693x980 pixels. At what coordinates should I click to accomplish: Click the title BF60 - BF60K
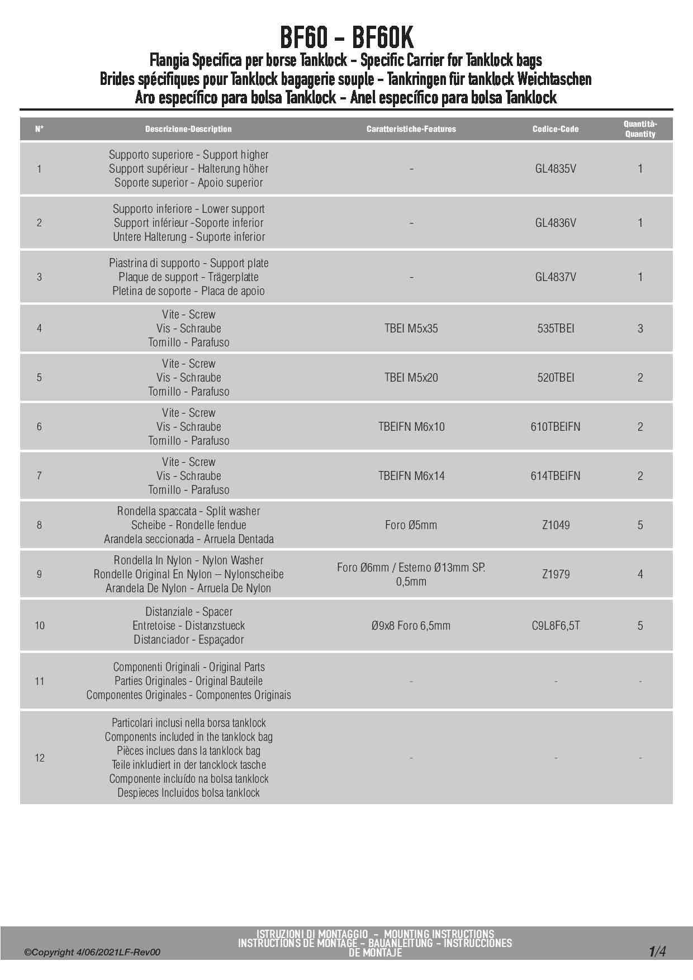pos(346,37)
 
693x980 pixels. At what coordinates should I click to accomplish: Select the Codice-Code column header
pos(555,129)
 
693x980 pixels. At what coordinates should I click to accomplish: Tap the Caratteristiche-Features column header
pos(411,129)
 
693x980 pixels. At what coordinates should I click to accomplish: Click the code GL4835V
pos(555,169)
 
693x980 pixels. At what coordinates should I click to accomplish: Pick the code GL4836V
pos(555,223)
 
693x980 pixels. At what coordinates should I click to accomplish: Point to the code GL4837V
pos(555,277)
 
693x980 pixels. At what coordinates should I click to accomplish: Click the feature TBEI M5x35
pos(411,329)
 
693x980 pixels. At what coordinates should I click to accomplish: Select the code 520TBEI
pos(555,378)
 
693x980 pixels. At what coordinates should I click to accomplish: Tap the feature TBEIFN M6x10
pos(411,427)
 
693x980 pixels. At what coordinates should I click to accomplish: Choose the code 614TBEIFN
pos(555,476)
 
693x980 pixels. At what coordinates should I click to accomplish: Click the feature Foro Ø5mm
pos(411,525)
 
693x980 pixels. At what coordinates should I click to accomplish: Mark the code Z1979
pos(555,574)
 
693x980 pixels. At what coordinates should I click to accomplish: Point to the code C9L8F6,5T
pos(555,626)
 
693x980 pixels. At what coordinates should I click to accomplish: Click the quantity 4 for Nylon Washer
pos(640,574)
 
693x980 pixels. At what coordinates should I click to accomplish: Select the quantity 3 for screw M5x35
pos(640,329)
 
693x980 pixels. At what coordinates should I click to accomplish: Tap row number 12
pos(40,758)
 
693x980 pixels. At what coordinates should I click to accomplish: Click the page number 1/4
pos(657,952)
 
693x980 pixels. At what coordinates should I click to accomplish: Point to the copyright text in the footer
pos(92,952)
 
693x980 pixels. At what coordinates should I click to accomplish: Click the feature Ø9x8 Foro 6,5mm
pos(411,626)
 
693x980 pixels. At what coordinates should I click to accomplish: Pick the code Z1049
pos(555,525)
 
